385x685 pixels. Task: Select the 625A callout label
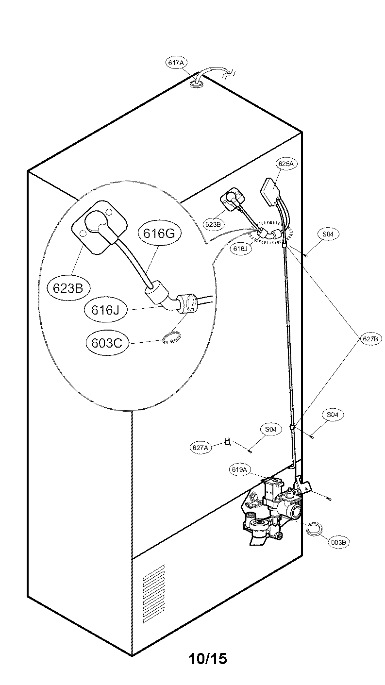[285, 164]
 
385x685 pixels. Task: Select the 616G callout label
[159, 234]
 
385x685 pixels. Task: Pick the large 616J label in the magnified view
[105, 309]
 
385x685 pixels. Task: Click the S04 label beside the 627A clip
[270, 429]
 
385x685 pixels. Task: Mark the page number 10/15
[208, 658]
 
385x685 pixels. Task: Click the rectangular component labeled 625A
[272, 189]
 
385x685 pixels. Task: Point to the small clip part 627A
[227, 442]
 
